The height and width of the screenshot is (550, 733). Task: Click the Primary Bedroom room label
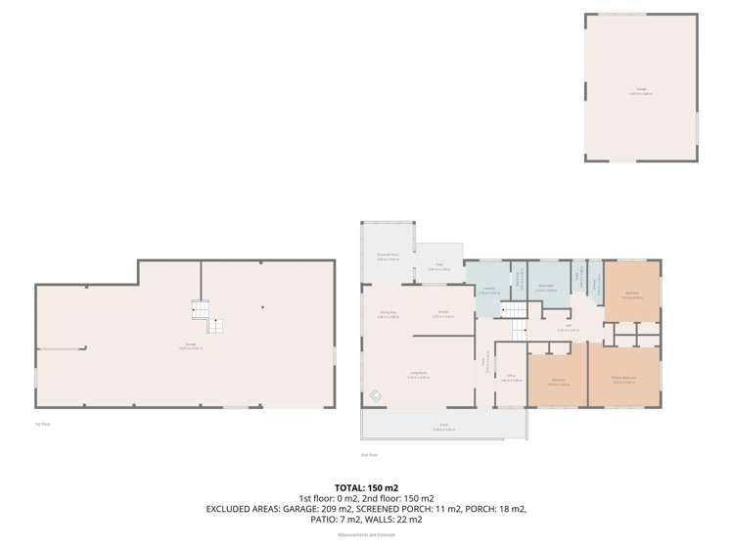[x=624, y=381]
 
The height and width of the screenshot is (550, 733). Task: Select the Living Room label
[x=418, y=376]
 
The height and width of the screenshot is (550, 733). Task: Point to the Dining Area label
[x=389, y=314]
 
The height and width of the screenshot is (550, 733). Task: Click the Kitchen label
[x=443, y=314]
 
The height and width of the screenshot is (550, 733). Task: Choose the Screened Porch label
[x=388, y=255]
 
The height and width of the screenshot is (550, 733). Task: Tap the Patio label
[x=439, y=266]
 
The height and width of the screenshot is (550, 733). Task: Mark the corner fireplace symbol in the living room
[x=375, y=396]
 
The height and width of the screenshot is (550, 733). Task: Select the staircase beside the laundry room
[x=515, y=310]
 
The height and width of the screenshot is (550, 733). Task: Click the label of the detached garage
[x=641, y=91]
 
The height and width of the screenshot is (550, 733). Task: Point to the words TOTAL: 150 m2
[x=366, y=486]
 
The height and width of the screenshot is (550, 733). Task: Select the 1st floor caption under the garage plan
[x=42, y=423]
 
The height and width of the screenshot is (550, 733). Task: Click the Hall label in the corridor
[x=569, y=328]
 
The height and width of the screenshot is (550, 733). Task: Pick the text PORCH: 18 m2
[x=494, y=509]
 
